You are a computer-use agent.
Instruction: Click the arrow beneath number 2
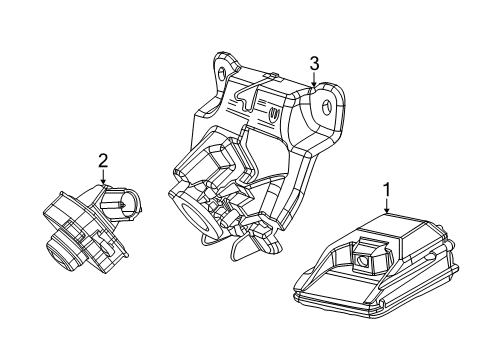coord(103,177)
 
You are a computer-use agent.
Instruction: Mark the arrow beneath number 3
coord(314,82)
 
